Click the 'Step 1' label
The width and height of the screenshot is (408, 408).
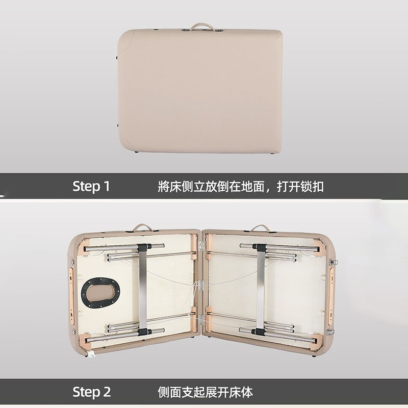(91, 186)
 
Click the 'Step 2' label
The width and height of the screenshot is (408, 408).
(92, 392)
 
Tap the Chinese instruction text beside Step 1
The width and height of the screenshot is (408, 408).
(241, 187)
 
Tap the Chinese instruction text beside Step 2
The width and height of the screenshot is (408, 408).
(205, 392)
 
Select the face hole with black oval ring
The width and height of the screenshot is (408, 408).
(100, 292)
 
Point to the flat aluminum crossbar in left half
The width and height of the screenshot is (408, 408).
(143, 289)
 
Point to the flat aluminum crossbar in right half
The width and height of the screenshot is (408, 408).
(261, 289)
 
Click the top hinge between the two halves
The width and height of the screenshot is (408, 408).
(201, 246)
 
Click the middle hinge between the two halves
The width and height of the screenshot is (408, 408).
(200, 286)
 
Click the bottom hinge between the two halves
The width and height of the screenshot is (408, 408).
(200, 320)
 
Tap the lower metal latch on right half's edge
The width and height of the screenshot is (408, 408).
(330, 332)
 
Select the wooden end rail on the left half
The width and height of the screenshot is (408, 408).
(71, 296)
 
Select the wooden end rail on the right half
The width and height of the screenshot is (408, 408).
(331, 296)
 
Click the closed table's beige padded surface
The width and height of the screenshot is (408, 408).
(199, 91)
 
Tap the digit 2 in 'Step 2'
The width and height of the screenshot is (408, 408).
(107, 392)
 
